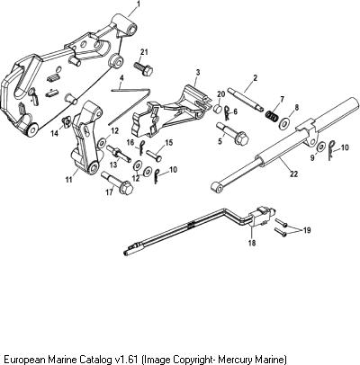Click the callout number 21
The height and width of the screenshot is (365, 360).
pos(144,52)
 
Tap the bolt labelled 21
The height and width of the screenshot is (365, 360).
pos(143,68)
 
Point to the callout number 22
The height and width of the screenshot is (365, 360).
pos(294,174)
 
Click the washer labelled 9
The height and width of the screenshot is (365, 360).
pos(321,147)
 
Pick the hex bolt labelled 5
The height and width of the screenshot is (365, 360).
pos(233,134)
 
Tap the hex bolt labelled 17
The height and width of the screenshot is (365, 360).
pos(118,182)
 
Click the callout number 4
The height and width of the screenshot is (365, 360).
pos(121,78)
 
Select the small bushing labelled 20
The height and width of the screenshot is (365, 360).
pos(218,109)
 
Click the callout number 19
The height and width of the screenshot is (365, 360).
pos(307,230)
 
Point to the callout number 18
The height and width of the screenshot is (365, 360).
pos(252,243)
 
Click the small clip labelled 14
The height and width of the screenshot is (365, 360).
pos(66,122)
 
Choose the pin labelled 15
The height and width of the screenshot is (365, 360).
pos(155,156)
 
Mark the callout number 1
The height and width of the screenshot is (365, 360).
pos(139,4)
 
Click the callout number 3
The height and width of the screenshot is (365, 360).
pos(198,72)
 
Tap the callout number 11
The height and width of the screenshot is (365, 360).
pos(68,180)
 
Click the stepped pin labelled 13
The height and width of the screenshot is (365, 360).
pos(119,153)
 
